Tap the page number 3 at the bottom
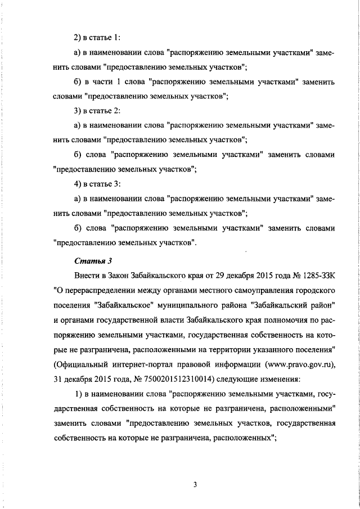click(x=194, y=485)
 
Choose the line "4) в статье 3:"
click(x=97, y=184)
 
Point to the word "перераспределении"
click(x=99, y=291)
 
